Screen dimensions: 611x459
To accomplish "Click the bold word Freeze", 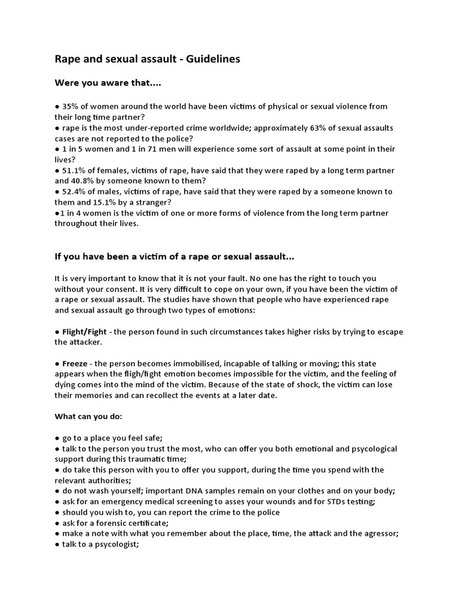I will click(x=76, y=364).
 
